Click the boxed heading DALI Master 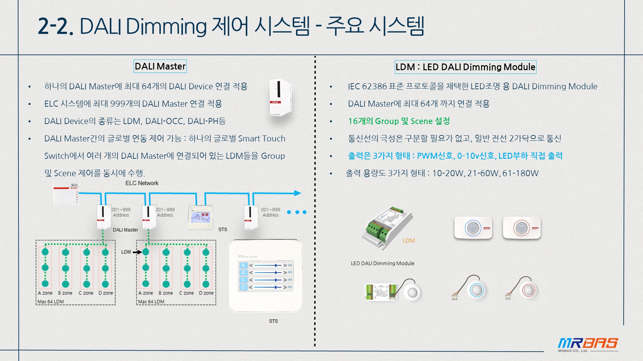(x=160, y=66)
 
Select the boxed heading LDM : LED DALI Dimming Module (x=466, y=67)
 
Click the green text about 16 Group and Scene (x=399, y=121)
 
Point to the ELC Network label (x=142, y=183)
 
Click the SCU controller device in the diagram (x=66, y=194)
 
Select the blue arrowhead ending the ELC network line (x=297, y=193)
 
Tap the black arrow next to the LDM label (x=137, y=252)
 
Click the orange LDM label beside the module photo (x=409, y=241)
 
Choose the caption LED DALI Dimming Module (x=382, y=263)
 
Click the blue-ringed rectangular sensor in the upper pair (x=473, y=228)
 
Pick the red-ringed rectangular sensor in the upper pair (x=521, y=228)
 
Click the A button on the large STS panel (x=243, y=265)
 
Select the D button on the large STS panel (x=243, y=287)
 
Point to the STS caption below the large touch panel (x=273, y=321)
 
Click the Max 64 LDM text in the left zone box (x=51, y=302)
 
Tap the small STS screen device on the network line (x=201, y=217)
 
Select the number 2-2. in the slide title (x=56, y=26)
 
